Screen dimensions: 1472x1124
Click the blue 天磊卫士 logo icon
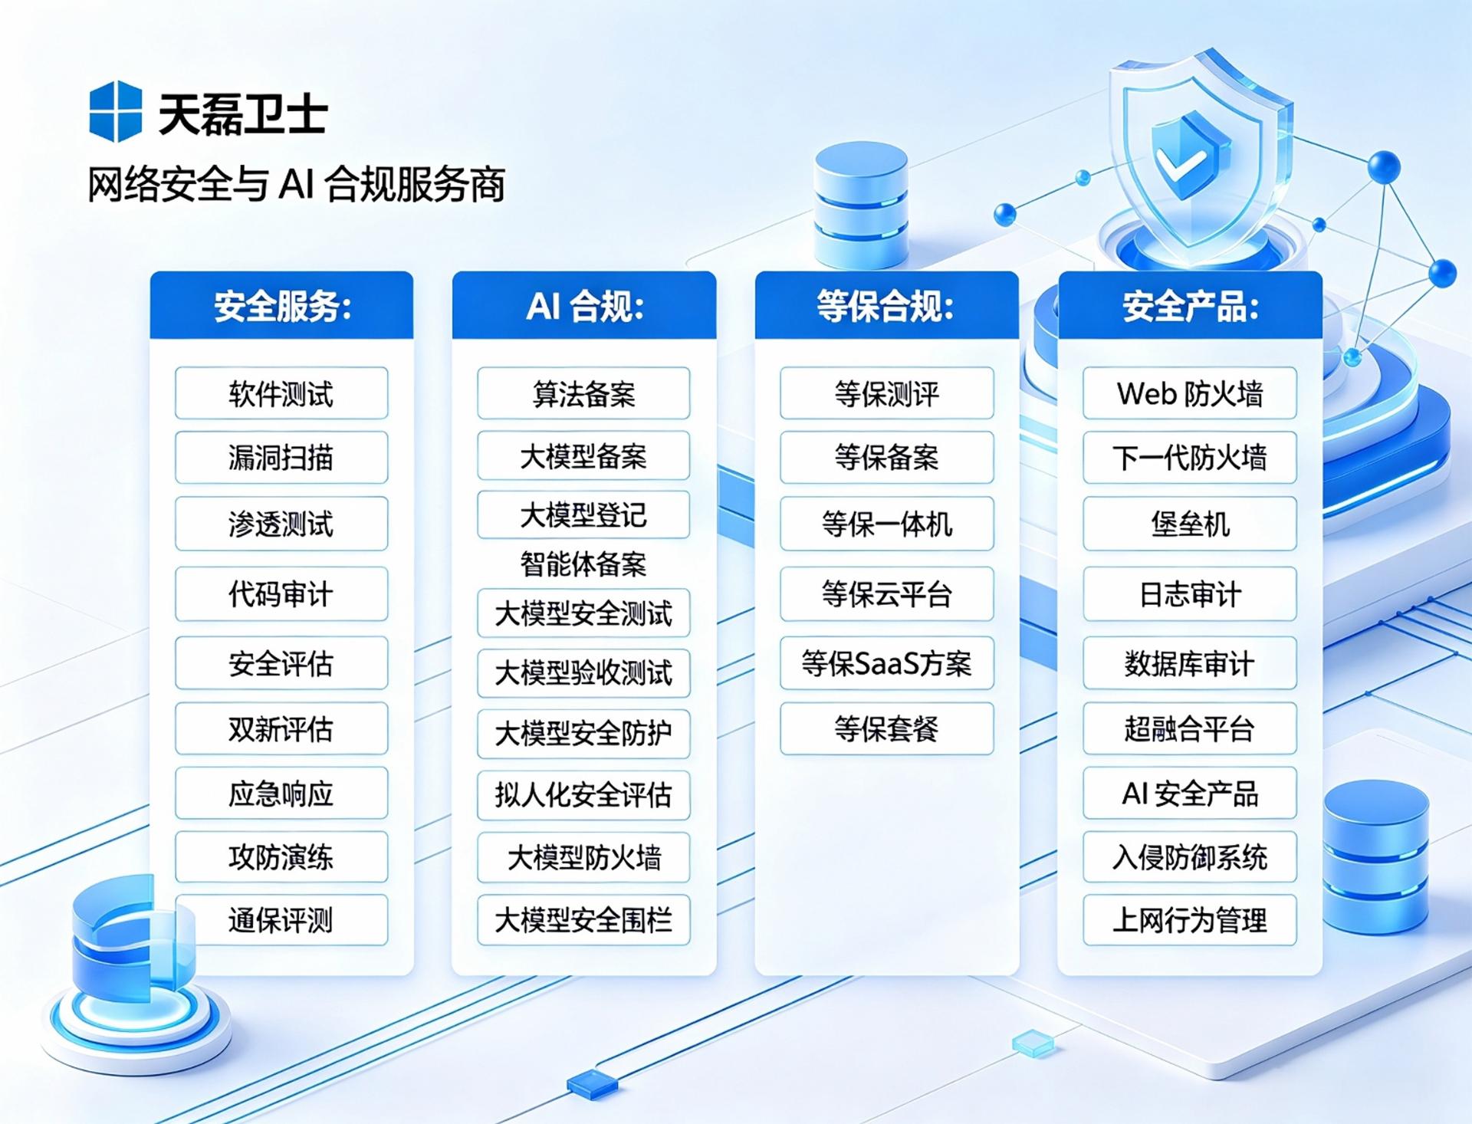[115, 112]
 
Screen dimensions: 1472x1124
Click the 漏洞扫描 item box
[281, 458]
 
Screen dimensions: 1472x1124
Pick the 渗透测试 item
[281, 524]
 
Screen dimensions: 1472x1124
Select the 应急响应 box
[281, 793]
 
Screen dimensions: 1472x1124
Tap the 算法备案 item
[583, 393]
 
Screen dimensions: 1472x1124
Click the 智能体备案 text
[583, 564]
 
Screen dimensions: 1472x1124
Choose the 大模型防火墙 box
[583, 857]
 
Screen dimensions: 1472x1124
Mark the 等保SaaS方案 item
[887, 663]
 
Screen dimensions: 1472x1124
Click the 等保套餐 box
[887, 728]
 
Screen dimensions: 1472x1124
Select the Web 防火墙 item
[1190, 393]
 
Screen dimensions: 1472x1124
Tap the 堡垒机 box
[1190, 524]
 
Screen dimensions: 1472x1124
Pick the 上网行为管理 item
[1190, 920]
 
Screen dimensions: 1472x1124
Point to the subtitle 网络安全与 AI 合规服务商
[296, 184]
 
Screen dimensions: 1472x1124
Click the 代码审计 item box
[281, 594]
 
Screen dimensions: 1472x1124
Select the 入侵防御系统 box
[1190, 857]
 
